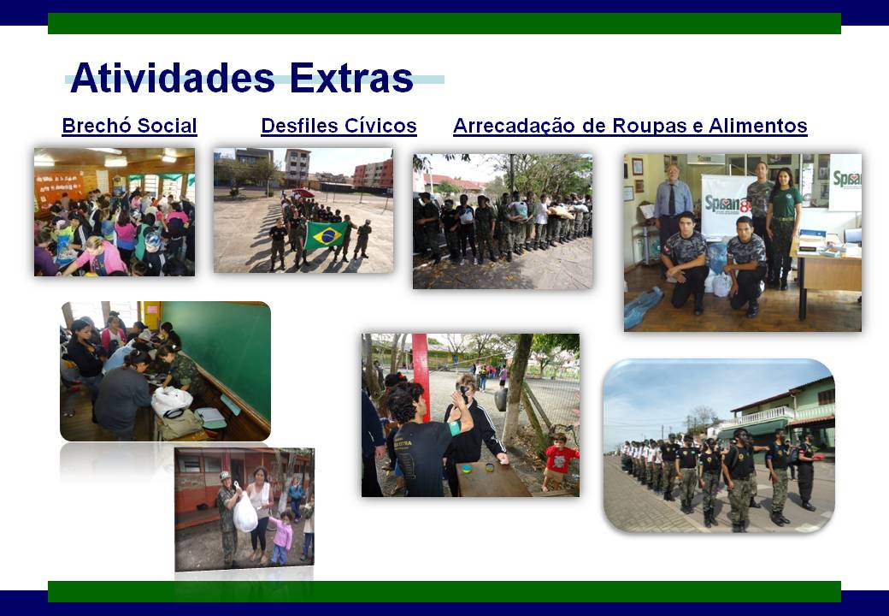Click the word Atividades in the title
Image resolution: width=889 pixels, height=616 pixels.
pyautogui.click(x=173, y=78)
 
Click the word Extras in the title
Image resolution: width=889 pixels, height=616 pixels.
pyautogui.click(x=351, y=78)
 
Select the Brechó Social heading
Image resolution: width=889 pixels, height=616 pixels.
pyautogui.click(x=129, y=126)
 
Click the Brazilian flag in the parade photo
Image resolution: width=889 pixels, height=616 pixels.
pyautogui.click(x=326, y=235)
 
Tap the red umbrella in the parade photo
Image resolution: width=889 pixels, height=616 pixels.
pyautogui.click(x=303, y=192)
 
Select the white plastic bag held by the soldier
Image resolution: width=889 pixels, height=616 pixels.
pyautogui.click(x=245, y=512)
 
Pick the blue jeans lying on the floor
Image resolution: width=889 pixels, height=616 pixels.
pyautogui.click(x=643, y=307)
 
